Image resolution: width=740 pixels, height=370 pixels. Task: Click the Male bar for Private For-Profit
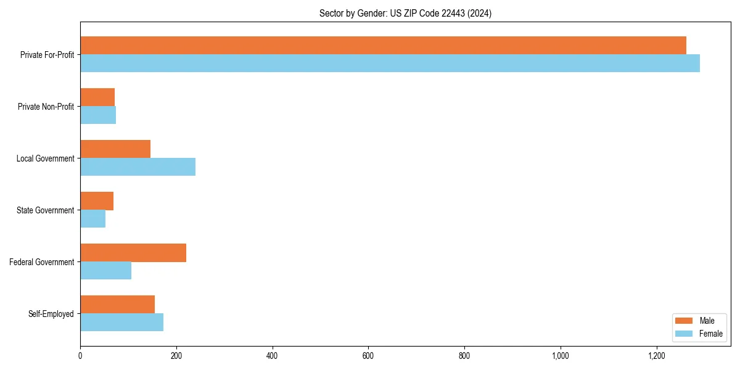pyautogui.click(x=383, y=46)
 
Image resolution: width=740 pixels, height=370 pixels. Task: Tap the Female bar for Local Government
pyautogui.click(x=138, y=167)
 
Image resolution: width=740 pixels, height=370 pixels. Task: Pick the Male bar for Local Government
pyautogui.click(x=115, y=149)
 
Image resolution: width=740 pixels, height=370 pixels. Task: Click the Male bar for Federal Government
pyautogui.click(x=133, y=253)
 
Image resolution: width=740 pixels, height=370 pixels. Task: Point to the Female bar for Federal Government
pyautogui.click(x=105, y=271)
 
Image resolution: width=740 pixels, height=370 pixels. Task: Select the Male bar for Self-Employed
pyautogui.click(x=117, y=305)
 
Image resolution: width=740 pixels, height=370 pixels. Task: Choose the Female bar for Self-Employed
pyautogui.click(x=121, y=323)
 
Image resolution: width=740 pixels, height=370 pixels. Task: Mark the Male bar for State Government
pyautogui.click(x=97, y=201)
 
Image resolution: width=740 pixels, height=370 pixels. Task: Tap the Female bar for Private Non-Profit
pyautogui.click(x=98, y=115)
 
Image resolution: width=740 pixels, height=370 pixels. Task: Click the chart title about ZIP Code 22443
pyautogui.click(x=405, y=13)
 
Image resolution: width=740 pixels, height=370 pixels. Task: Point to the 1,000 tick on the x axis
pyautogui.click(x=561, y=356)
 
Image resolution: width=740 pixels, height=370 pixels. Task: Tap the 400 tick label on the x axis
pyautogui.click(x=272, y=356)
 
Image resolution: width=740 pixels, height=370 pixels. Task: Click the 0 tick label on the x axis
pyautogui.click(x=80, y=356)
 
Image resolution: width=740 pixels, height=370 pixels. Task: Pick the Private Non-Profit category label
pyautogui.click(x=46, y=107)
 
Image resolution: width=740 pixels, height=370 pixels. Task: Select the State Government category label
pyautogui.click(x=45, y=210)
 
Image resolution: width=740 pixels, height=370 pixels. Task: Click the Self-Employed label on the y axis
pyautogui.click(x=51, y=314)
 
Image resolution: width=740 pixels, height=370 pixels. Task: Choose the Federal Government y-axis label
pyautogui.click(x=42, y=262)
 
